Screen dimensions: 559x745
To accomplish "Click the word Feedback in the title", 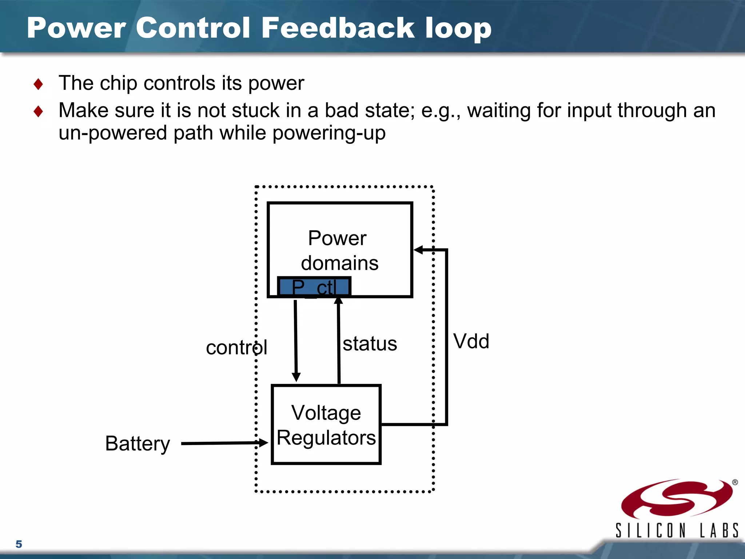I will point(338,28).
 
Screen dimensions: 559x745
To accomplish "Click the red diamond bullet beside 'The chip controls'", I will point(38,84).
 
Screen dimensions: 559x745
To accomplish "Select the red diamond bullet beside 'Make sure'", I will point(38,111).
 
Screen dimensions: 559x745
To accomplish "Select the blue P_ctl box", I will point(314,287).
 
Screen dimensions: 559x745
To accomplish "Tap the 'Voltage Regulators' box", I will point(326,425).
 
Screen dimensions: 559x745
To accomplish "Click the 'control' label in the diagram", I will point(236,348).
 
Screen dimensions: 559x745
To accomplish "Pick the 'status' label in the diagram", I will point(370,344).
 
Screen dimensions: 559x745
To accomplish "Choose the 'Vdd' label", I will point(471,341).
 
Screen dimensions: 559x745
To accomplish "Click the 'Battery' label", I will point(138,444).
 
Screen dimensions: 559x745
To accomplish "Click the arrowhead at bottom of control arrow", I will point(296,377).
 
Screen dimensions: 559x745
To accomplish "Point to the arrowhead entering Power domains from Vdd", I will point(419,250).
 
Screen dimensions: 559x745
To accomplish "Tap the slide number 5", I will point(19,544).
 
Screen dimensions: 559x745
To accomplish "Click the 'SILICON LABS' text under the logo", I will point(677,531).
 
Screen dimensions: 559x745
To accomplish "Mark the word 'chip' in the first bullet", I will point(118,83).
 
